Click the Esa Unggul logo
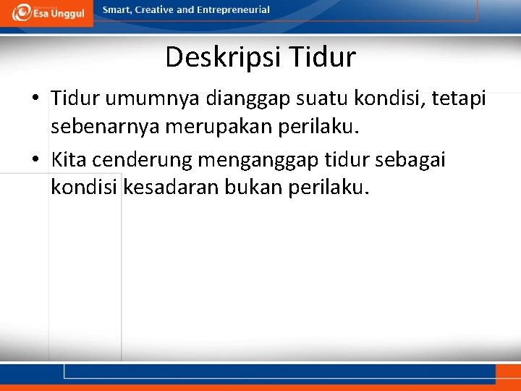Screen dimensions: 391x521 click(46, 12)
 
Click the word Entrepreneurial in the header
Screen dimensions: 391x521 click(233, 10)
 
